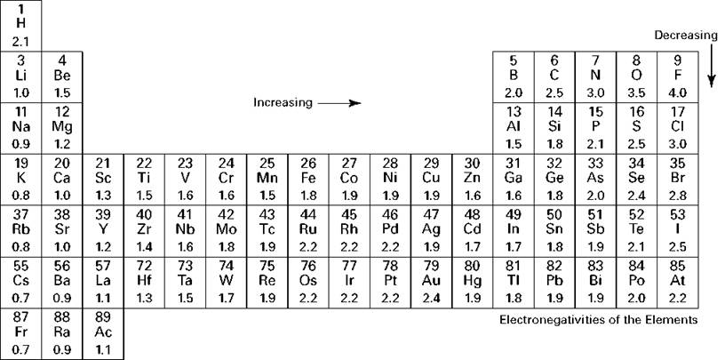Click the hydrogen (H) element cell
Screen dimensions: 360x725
pyautogui.click(x=21, y=25)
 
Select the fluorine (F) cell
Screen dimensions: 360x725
pyautogui.click(x=678, y=76)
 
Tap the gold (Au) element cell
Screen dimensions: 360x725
pyautogui.click(x=431, y=281)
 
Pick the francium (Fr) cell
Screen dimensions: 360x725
pyautogui.click(x=21, y=333)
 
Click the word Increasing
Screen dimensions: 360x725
pyautogui.click(x=283, y=103)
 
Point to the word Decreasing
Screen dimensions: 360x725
pyautogui.click(x=685, y=36)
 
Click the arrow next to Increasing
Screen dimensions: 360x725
pyautogui.click(x=339, y=103)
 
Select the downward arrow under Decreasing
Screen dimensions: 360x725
pyautogui.click(x=711, y=68)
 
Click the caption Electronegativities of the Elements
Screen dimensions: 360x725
pyautogui.click(x=598, y=319)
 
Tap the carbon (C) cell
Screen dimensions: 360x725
pyautogui.click(x=554, y=76)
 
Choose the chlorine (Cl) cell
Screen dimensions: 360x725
pyautogui.click(x=678, y=127)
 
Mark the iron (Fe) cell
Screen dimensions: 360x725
pyautogui.click(x=308, y=179)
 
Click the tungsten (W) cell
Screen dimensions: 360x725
pyautogui.click(x=227, y=281)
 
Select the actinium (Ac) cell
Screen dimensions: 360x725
pyautogui.click(x=103, y=333)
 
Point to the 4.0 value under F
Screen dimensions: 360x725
pyautogui.click(x=678, y=93)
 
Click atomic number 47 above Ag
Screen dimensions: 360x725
pyautogui.click(x=431, y=214)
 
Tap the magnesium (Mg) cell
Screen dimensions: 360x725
pyautogui.click(x=62, y=127)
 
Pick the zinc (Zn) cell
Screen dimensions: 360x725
pyautogui.click(x=473, y=179)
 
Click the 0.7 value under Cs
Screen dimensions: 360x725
pyautogui.click(x=21, y=298)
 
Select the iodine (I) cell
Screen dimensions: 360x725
pyautogui.click(x=678, y=230)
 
